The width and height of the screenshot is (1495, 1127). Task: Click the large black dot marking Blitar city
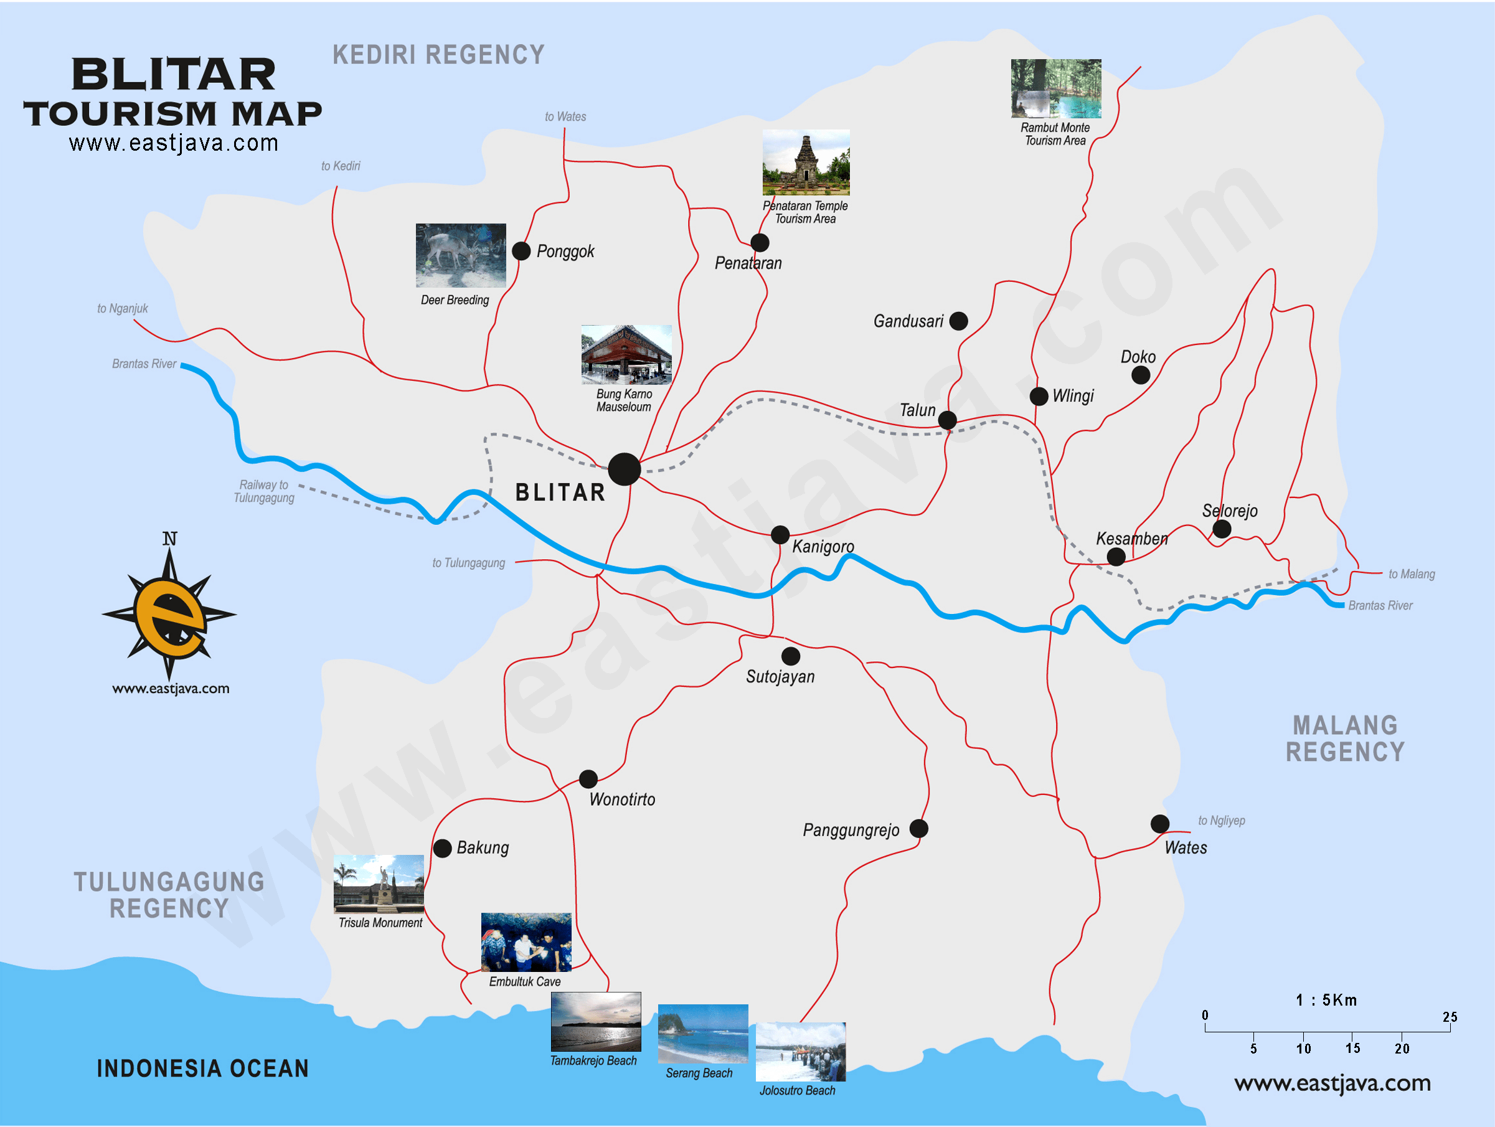click(624, 469)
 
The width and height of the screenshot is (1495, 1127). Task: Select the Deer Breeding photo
click(460, 255)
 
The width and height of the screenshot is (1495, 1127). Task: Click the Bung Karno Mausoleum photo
click(626, 355)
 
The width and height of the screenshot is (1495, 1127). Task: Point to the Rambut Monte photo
click(1055, 88)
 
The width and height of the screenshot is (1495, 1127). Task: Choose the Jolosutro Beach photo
click(800, 1052)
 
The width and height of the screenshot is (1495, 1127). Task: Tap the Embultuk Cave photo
click(526, 942)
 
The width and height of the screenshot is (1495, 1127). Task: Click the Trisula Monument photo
click(379, 884)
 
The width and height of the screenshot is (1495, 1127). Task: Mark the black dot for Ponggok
click(521, 252)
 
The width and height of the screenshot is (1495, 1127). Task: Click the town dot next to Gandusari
click(958, 321)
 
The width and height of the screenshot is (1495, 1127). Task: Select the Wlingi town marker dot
click(1039, 396)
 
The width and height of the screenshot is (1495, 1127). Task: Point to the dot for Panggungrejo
click(918, 828)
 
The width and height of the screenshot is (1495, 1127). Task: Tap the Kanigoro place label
click(823, 547)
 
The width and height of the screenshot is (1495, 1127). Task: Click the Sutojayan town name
click(780, 676)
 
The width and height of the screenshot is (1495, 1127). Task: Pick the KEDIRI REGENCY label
click(438, 55)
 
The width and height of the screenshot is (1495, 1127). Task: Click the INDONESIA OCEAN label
click(203, 1068)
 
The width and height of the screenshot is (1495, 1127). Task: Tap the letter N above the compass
click(169, 539)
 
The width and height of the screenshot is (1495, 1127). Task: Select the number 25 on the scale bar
click(1450, 1017)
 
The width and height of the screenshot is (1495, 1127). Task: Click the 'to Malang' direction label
click(1411, 574)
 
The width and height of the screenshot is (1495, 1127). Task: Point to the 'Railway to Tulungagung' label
click(263, 491)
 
